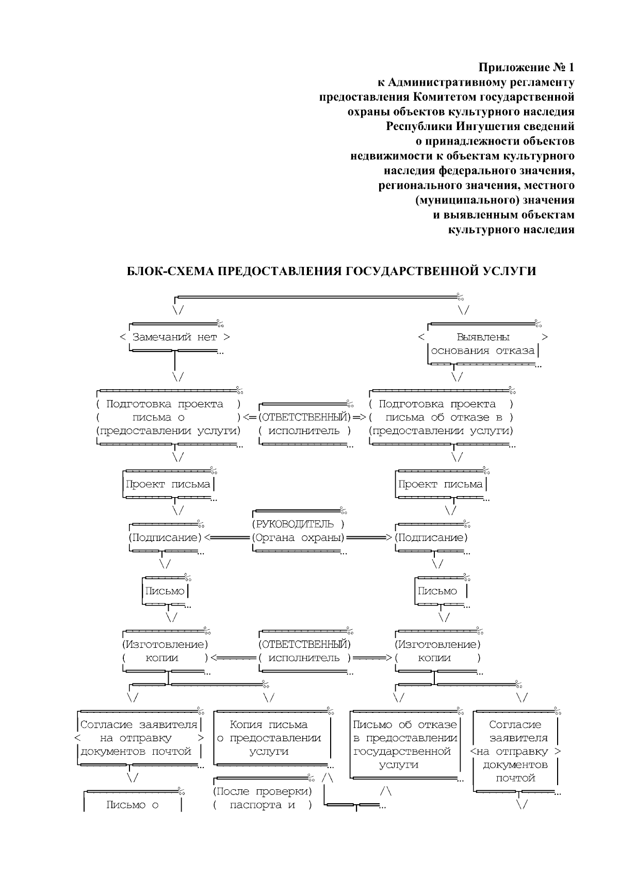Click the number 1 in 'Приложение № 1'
pos(571,68)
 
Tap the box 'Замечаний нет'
pos(175,337)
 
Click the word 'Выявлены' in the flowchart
pos(483,337)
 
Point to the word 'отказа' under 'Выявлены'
pos(515,351)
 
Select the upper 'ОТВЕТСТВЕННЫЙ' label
pos(304,417)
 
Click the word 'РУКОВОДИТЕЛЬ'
pos(293,524)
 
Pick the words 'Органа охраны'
pos(299,538)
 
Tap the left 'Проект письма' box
pos(168,484)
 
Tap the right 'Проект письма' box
pos(441,484)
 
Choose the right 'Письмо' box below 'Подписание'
pos(437,591)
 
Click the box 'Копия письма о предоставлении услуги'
pos(269,738)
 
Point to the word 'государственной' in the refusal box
pos(402,752)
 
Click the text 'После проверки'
pos(263,792)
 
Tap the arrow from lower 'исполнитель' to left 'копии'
pos(233,658)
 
